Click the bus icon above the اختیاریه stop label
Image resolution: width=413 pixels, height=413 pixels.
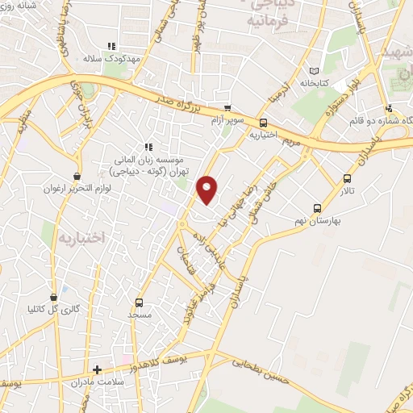tap(263, 123)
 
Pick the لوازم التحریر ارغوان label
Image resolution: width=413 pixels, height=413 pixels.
tap(77, 188)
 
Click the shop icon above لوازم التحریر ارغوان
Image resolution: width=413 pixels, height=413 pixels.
tap(77, 176)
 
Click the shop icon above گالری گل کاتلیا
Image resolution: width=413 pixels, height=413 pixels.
tap(54, 297)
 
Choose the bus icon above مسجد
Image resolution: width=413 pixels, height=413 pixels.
tap(140, 303)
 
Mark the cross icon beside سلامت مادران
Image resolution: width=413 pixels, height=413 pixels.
tap(98, 369)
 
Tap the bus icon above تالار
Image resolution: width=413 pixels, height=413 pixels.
tap(348, 179)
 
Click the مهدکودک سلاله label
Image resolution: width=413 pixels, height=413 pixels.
tap(111, 59)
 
